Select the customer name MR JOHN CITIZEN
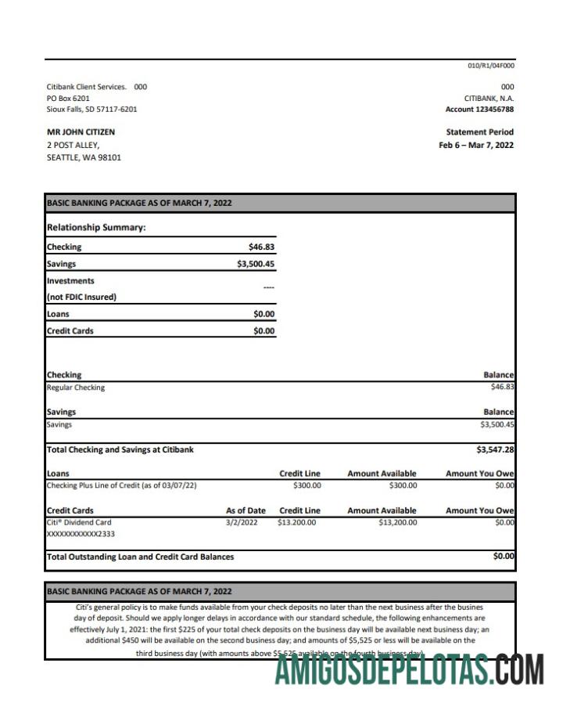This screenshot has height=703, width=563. [81, 132]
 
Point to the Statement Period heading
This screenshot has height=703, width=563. [479, 132]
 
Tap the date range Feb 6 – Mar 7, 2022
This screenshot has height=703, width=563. [476, 145]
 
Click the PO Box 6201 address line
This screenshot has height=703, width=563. [68, 98]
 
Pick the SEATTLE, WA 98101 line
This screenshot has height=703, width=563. [84, 157]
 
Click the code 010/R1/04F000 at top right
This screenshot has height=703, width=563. [491, 66]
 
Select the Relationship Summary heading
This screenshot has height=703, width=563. [96, 228]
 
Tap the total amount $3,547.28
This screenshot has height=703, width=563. [495, 450]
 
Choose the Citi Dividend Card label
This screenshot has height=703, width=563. [79, 522]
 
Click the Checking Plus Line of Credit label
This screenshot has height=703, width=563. [121, 485]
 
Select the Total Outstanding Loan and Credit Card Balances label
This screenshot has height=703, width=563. [140, 557]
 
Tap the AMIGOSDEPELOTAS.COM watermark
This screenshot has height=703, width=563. [409, 671]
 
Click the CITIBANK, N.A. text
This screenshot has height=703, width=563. [489, 98]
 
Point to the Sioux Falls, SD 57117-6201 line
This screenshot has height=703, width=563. [91, 110]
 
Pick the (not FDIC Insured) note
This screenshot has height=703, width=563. [81, 297]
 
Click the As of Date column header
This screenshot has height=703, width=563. [246, 510]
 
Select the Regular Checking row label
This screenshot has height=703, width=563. [75, 388]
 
